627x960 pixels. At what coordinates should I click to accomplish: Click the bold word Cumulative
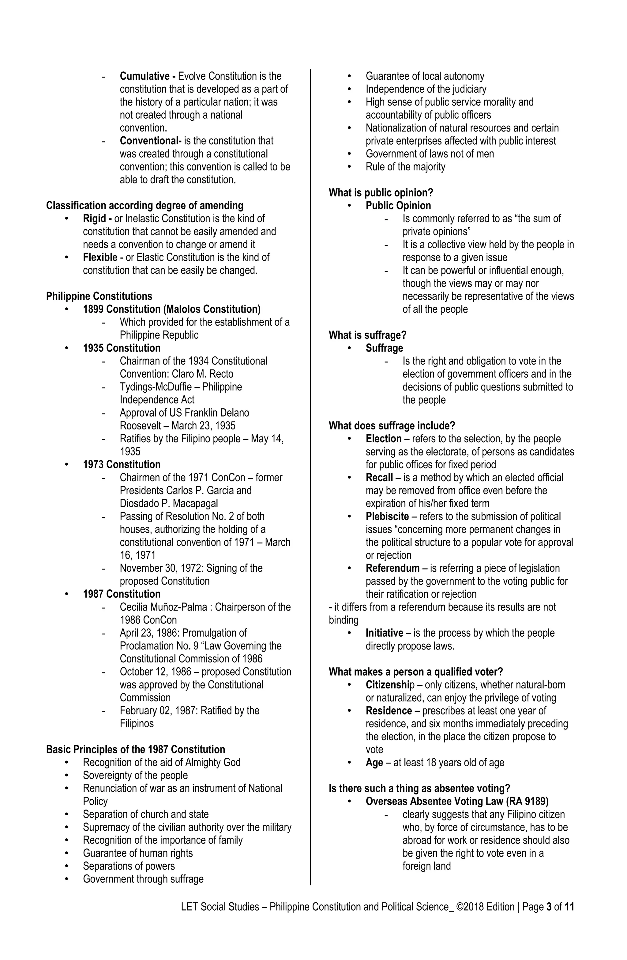145,76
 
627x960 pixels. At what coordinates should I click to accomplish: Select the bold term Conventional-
150,141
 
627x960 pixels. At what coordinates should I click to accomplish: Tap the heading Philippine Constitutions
99,296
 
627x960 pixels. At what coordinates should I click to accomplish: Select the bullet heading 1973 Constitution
122,464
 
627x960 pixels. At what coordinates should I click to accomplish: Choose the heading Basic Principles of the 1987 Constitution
135,749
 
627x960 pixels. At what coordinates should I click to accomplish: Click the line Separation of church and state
145,814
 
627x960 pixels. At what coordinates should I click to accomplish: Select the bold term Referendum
392,568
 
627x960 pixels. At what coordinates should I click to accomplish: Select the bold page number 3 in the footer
549,907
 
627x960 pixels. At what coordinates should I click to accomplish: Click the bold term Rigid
94,219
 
